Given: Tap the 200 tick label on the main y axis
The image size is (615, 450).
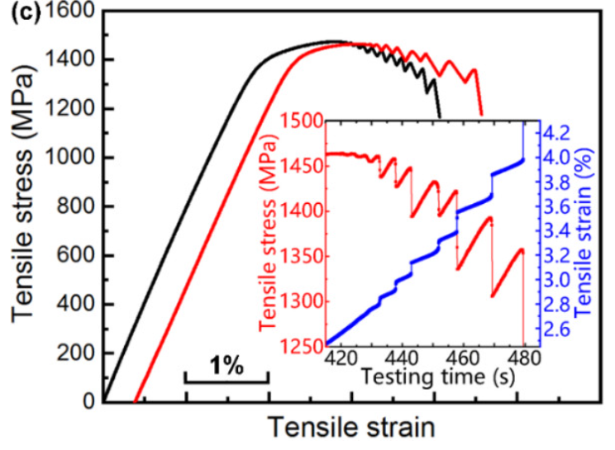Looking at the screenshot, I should tap(76, 353).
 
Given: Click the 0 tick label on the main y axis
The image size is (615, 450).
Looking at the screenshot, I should tap(88, 401).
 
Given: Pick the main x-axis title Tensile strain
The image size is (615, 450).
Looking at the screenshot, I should tap(350, 428).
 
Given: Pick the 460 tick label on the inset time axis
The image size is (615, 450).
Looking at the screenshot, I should tap(462, 358).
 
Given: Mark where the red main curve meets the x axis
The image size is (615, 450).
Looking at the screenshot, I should tap(135, 401).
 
